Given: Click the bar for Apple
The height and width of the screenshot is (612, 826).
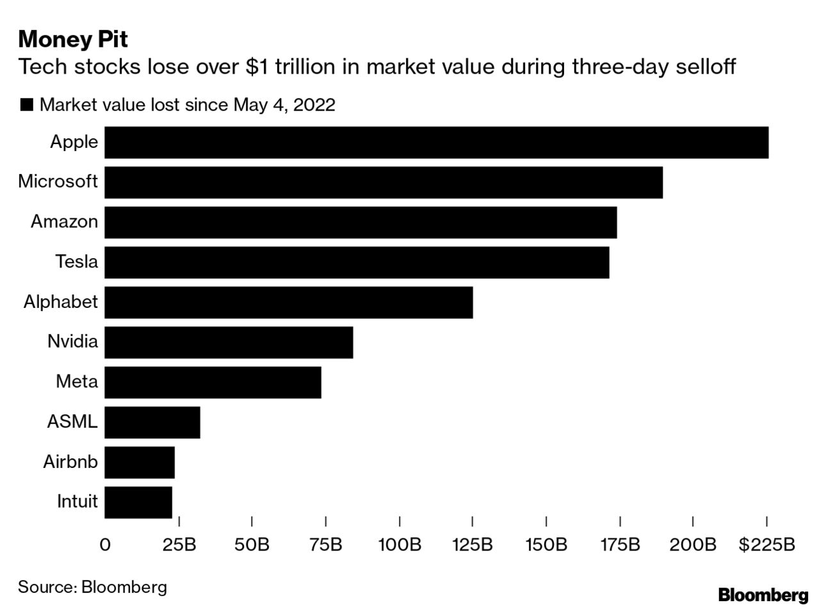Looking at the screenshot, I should pos(436,142).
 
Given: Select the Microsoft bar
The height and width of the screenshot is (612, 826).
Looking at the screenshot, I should pos(383,182).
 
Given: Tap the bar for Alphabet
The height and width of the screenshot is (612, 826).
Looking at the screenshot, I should pos(288,302).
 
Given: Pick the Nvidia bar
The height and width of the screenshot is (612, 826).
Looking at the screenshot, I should pos(229,342).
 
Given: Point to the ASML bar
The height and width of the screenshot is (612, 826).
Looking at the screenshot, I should pos(152,423).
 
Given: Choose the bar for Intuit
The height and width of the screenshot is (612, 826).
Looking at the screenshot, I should pos(138,503).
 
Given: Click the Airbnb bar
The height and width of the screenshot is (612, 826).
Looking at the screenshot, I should pos(139,462).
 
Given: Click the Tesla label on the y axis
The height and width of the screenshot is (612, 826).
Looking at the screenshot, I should pos(76,262).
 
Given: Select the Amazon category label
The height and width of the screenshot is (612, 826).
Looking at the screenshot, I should pos(64,221).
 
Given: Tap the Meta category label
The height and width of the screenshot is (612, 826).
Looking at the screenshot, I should pos(77,382).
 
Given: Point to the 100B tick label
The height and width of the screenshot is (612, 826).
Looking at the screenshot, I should pos(400,545).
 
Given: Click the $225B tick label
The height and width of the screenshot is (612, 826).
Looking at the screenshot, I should pos(766,545).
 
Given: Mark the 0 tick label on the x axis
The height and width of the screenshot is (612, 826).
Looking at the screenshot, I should pos(105,545).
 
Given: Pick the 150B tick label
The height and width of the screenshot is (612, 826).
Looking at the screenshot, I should pos(546,545).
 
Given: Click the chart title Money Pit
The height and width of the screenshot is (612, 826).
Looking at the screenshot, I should pos(73,39).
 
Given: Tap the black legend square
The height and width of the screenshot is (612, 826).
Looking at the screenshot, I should pos(26,105).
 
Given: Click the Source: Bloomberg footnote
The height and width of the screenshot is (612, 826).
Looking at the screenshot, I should pos(92,587).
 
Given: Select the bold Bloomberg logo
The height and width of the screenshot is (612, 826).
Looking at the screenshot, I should pos(763,595).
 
